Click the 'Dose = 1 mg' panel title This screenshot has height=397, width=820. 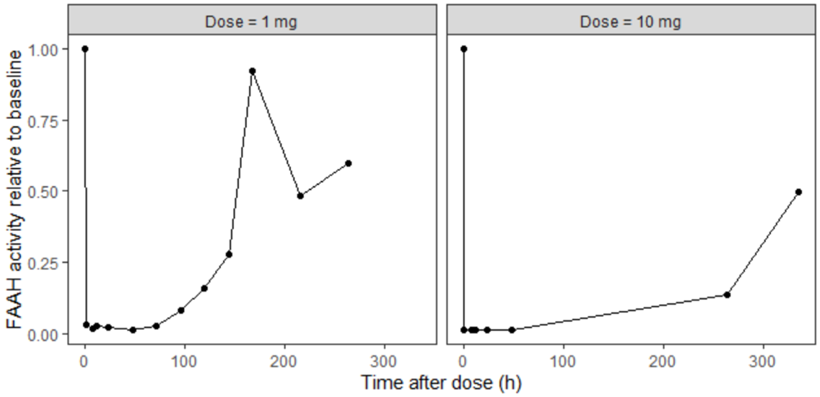(251, 21)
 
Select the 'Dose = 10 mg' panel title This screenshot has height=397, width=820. (630, 21)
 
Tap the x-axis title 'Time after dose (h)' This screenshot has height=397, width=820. (441, 383)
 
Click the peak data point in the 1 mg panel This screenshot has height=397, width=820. (252, 71)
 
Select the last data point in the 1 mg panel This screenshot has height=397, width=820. (348, 163)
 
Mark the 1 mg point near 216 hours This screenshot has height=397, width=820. (300, 196)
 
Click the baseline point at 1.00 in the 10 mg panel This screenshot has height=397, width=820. (463, 49)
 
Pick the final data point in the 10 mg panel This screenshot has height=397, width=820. (799, 192)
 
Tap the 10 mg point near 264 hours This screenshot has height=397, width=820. (727, 295)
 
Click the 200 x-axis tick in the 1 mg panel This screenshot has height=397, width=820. (285, 360)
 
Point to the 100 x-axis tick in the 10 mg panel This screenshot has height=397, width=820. (563, 360)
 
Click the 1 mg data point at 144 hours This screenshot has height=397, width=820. (229, 254)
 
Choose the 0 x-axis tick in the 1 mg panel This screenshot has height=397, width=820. (84, 360)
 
